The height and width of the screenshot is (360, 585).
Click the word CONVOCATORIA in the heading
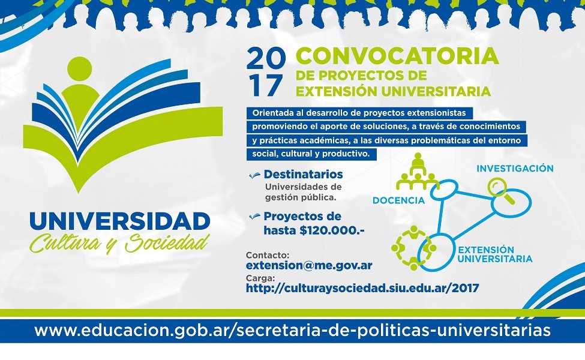click(x=397, y=56)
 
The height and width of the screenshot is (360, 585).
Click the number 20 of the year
click(x=266, y=59)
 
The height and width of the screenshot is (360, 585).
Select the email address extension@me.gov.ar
click(x=309, y=265)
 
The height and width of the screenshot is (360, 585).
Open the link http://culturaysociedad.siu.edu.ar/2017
click(x=362, y=287)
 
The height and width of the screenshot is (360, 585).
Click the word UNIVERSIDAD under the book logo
click(x=120, y=221)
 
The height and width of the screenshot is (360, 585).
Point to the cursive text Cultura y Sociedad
click(x=119, y=242)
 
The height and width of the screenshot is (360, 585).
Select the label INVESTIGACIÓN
click(x=515, y=169)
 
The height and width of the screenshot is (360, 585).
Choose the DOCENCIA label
click(x=398, y=200)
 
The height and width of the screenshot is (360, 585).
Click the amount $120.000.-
click(x=332, y=230)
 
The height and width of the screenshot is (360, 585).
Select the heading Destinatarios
click(x=303, y=174)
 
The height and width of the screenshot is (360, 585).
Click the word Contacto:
click(x=268, y=256)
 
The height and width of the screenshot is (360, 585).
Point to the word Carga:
click(x=260, y=278)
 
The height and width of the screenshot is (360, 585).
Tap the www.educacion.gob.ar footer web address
click(x=293, y=331)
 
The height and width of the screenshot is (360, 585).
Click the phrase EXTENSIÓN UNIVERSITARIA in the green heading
click(x=393, y=91)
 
